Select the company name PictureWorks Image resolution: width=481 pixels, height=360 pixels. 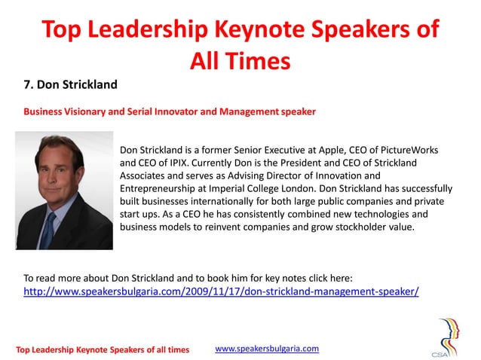coord(406,150)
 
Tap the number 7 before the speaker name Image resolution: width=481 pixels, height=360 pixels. coord(28,84)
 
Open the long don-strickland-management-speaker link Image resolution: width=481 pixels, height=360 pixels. coord(221,291)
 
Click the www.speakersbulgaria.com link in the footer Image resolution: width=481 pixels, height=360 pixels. coord(267,348)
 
